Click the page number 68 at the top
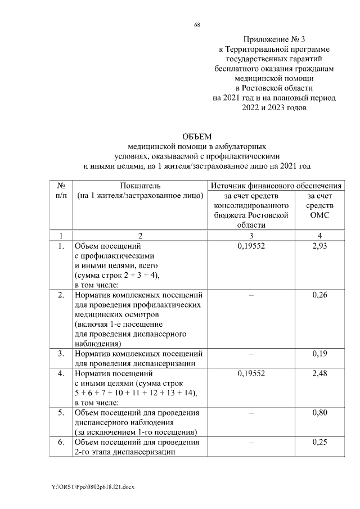[x=197, y=25]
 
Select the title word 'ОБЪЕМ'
[x=196, y=137]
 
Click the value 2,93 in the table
[x=319, y=246]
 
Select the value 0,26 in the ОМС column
[x=319, y=295]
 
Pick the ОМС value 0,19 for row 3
[x=319, y=354]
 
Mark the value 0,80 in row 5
[x=319, y=413]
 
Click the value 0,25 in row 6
[x=319, y=442]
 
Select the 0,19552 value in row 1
[x=251, y=246]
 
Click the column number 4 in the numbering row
[x=319, y=235]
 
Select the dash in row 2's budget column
[x=251, y=295]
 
